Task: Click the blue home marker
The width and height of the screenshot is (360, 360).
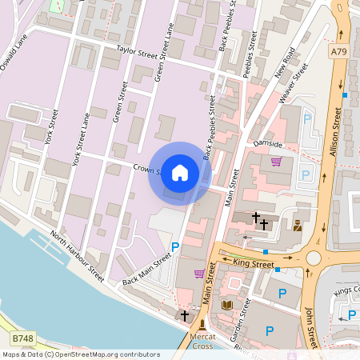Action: click(x=180, y=172)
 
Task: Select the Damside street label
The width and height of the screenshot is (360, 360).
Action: click(x=268, y=144)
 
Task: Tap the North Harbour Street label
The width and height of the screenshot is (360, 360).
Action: click(x=76, y=256)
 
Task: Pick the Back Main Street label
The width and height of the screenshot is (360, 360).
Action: click(x=147, y=270)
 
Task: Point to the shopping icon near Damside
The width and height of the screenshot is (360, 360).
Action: click(x=276, y=161)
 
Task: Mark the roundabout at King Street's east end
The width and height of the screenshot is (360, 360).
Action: click(x=313, y=259)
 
